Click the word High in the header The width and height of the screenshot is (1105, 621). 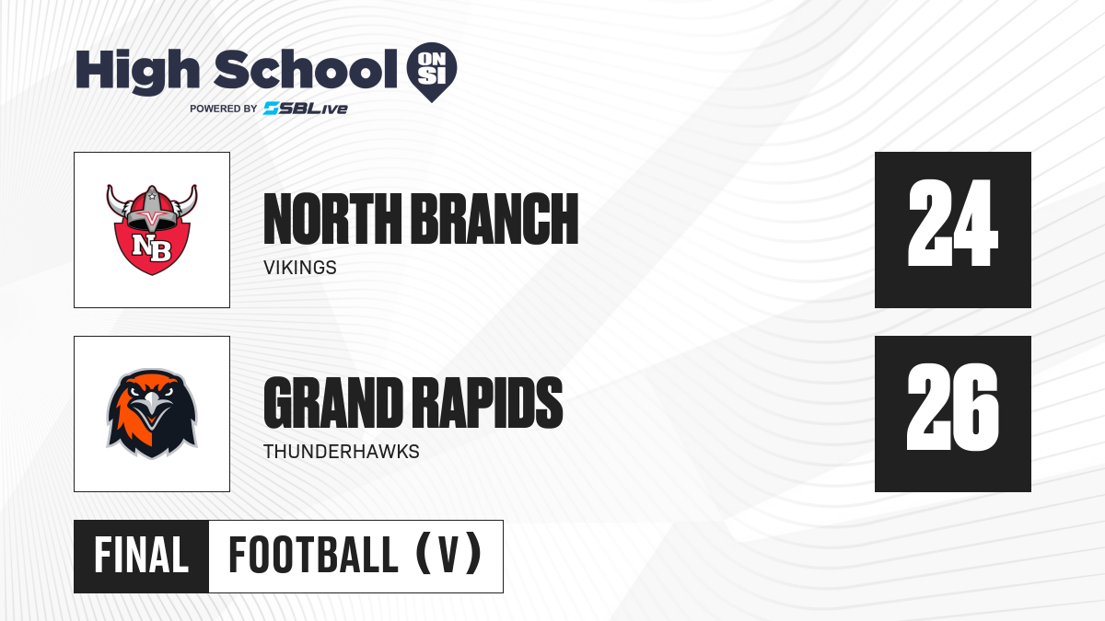point(137,72)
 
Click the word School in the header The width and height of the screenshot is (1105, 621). point(306,69)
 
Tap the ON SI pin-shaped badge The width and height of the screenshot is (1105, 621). point(432,72)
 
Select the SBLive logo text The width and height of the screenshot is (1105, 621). point(306,109)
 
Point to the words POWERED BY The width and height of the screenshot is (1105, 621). point(224,109)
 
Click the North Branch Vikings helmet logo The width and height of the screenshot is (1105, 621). point(152,230)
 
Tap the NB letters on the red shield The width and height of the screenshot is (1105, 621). point(152,247)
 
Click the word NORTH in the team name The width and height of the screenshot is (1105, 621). point(332,219)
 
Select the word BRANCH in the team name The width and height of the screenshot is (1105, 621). point(494,219)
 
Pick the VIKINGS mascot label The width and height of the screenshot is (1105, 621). point(300,268)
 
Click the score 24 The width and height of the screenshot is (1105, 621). point(952,224)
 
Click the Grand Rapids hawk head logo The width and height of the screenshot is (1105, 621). point(152,414)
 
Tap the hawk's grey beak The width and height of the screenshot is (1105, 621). point(152,408)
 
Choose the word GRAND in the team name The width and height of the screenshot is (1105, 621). point(333,403)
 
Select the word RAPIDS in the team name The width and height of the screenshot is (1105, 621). point(487,403)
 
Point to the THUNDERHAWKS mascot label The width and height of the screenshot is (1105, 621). point(342,452)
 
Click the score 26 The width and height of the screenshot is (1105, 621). point(952,407)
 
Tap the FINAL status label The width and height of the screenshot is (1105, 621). point(142,555)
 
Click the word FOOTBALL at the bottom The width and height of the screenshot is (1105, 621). point(314,555)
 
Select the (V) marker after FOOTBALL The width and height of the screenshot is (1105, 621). point(449,554)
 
